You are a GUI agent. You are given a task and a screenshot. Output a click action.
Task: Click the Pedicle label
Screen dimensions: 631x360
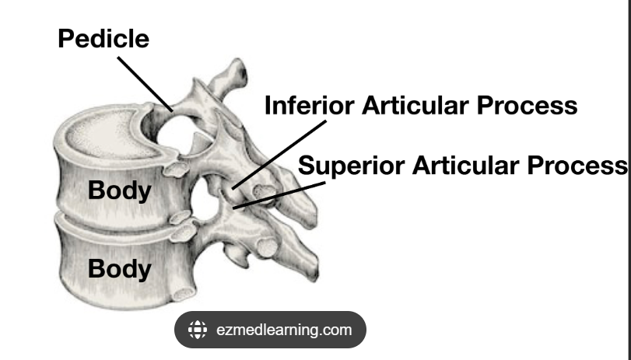tap(103, 39)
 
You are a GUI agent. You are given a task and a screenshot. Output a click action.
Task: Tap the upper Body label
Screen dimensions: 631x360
tap(119, 191)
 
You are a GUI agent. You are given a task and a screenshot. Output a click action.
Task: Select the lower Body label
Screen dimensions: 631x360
tap(119, 269)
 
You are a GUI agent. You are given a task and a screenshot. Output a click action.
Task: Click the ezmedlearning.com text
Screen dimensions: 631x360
tap(284, 330)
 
